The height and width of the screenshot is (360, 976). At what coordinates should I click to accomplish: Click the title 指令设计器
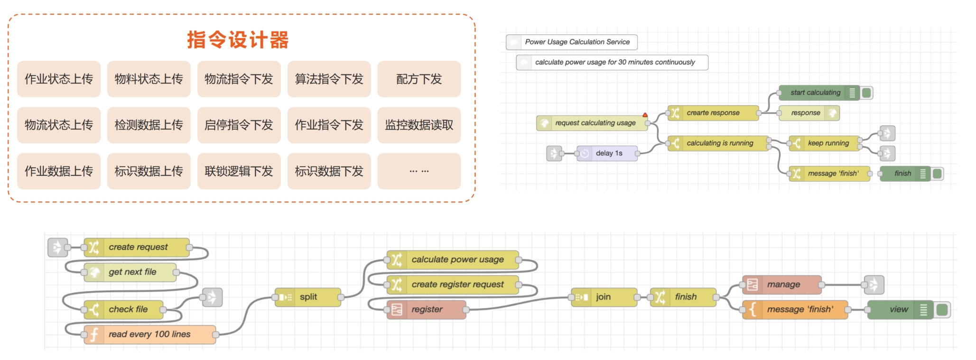pos(238,40)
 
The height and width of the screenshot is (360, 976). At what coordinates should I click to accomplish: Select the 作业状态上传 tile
pos(59,79)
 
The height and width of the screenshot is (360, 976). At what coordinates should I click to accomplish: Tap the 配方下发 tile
pos(419,79)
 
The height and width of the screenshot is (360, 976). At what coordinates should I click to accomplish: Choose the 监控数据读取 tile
pos(419,125)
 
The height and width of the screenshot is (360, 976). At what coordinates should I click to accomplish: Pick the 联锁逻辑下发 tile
pos(239,171)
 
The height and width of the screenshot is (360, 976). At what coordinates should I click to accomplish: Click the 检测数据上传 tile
pos(149,125)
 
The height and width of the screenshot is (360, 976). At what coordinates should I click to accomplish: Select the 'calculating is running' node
pos(718,143)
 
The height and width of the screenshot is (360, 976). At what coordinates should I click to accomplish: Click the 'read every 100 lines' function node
pos(149,334)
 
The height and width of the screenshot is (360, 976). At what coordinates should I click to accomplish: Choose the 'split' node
pos(308,297)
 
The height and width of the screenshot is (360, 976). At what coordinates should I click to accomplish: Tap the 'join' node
pos(604,297)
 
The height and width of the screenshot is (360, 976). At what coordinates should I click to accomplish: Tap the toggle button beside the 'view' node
pos(942,310)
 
